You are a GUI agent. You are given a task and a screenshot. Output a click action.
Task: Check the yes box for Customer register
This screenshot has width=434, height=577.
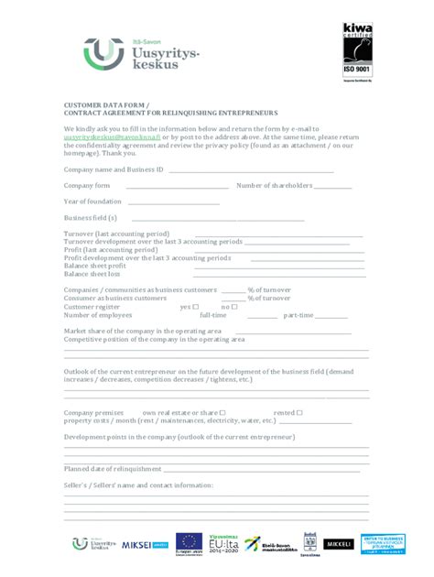coord(195,306)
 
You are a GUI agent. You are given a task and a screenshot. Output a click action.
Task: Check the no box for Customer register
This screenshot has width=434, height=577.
coord(234,306)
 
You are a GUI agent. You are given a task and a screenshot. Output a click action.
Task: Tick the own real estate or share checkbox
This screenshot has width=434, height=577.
coord(222,412)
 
